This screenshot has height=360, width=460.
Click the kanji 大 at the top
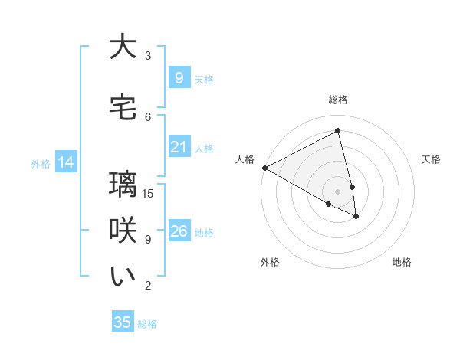pos(123,47)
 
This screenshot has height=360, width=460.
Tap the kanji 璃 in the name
pos(123,185)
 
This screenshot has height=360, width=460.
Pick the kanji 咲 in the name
pos(123,231)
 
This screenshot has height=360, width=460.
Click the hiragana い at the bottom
pos(123,277)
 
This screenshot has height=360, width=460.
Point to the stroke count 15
pos(149,193)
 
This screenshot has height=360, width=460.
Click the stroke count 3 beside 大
pos(148,55)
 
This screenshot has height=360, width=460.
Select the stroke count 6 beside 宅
pos(148,116)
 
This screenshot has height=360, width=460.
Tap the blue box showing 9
pos(179,78)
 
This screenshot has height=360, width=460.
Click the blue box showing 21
pos(179,147)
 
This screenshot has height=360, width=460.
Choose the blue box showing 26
pos(179,231)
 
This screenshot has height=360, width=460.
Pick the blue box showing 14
pos(65,162)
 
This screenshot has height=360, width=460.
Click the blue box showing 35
pos(123,322)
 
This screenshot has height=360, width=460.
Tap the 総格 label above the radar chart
pos(338,100)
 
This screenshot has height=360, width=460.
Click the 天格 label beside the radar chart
pos(432,159)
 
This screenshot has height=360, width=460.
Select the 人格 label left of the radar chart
pos(245,159)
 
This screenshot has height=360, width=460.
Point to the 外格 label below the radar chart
pos(270,262)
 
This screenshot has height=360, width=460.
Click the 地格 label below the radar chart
pos(402,262)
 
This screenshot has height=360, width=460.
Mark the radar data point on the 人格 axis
pos(264,168)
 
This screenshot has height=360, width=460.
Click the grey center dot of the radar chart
pos(338,191)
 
